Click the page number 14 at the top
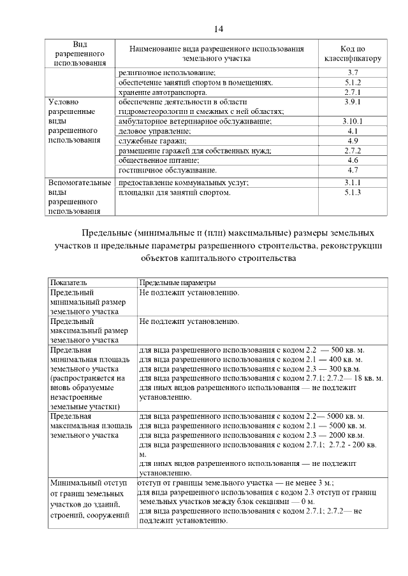pos(219,29)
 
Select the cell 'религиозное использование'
pos(167,73)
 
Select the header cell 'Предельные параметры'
pos(177,282)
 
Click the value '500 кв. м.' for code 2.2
pos(347,350)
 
